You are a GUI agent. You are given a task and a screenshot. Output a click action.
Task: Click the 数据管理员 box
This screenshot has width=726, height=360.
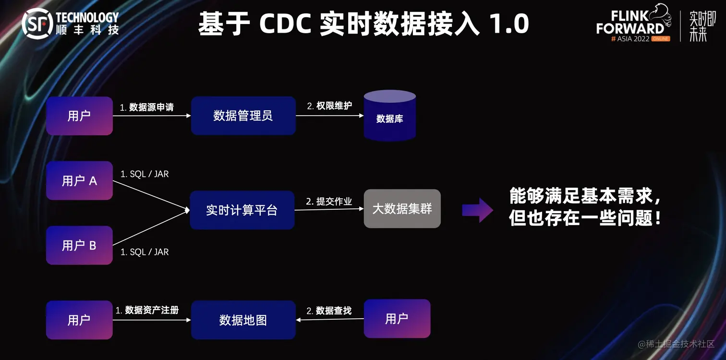coord(243,116)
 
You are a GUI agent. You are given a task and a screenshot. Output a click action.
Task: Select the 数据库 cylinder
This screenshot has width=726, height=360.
coord(389,116)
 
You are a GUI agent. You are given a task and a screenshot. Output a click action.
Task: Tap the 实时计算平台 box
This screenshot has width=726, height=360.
coord(242,210)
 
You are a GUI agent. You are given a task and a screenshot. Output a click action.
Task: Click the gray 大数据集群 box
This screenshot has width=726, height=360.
coord(402,209)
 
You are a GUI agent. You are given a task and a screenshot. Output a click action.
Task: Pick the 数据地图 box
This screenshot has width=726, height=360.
coord(243,320)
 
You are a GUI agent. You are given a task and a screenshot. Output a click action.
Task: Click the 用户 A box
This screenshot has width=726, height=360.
coord(79,181)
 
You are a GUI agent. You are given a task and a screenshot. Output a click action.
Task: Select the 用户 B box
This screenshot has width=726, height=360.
coord(79,245)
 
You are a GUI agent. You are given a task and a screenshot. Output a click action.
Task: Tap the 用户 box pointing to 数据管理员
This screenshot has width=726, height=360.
coord(79,116)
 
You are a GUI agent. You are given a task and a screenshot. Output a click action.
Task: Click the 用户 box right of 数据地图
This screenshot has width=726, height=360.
coord(397,318)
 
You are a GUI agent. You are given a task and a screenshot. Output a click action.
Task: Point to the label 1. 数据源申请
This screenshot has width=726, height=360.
coord(147,108)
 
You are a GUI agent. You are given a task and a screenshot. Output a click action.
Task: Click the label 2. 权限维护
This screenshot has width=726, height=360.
coord(329,106)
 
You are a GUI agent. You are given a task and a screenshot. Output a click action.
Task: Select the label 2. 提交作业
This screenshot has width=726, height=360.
coord(329,202)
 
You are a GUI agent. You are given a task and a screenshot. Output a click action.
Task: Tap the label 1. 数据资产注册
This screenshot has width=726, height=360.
coord(147,311)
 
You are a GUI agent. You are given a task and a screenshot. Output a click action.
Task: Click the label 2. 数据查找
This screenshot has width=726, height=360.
coord(329,311)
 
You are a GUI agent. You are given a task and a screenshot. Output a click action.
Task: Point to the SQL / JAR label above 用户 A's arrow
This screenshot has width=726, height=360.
coord(145,174)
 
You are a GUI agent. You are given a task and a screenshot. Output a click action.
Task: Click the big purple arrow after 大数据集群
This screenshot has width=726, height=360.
coord(477,210)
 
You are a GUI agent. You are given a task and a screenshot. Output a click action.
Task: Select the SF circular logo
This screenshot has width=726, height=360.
coord(37,24)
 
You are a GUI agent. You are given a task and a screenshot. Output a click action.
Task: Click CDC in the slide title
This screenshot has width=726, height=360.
coord(285,24)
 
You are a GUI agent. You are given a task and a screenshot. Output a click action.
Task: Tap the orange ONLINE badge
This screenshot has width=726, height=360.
coord(661,39)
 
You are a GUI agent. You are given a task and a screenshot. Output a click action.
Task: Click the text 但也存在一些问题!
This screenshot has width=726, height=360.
coord(585,219)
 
